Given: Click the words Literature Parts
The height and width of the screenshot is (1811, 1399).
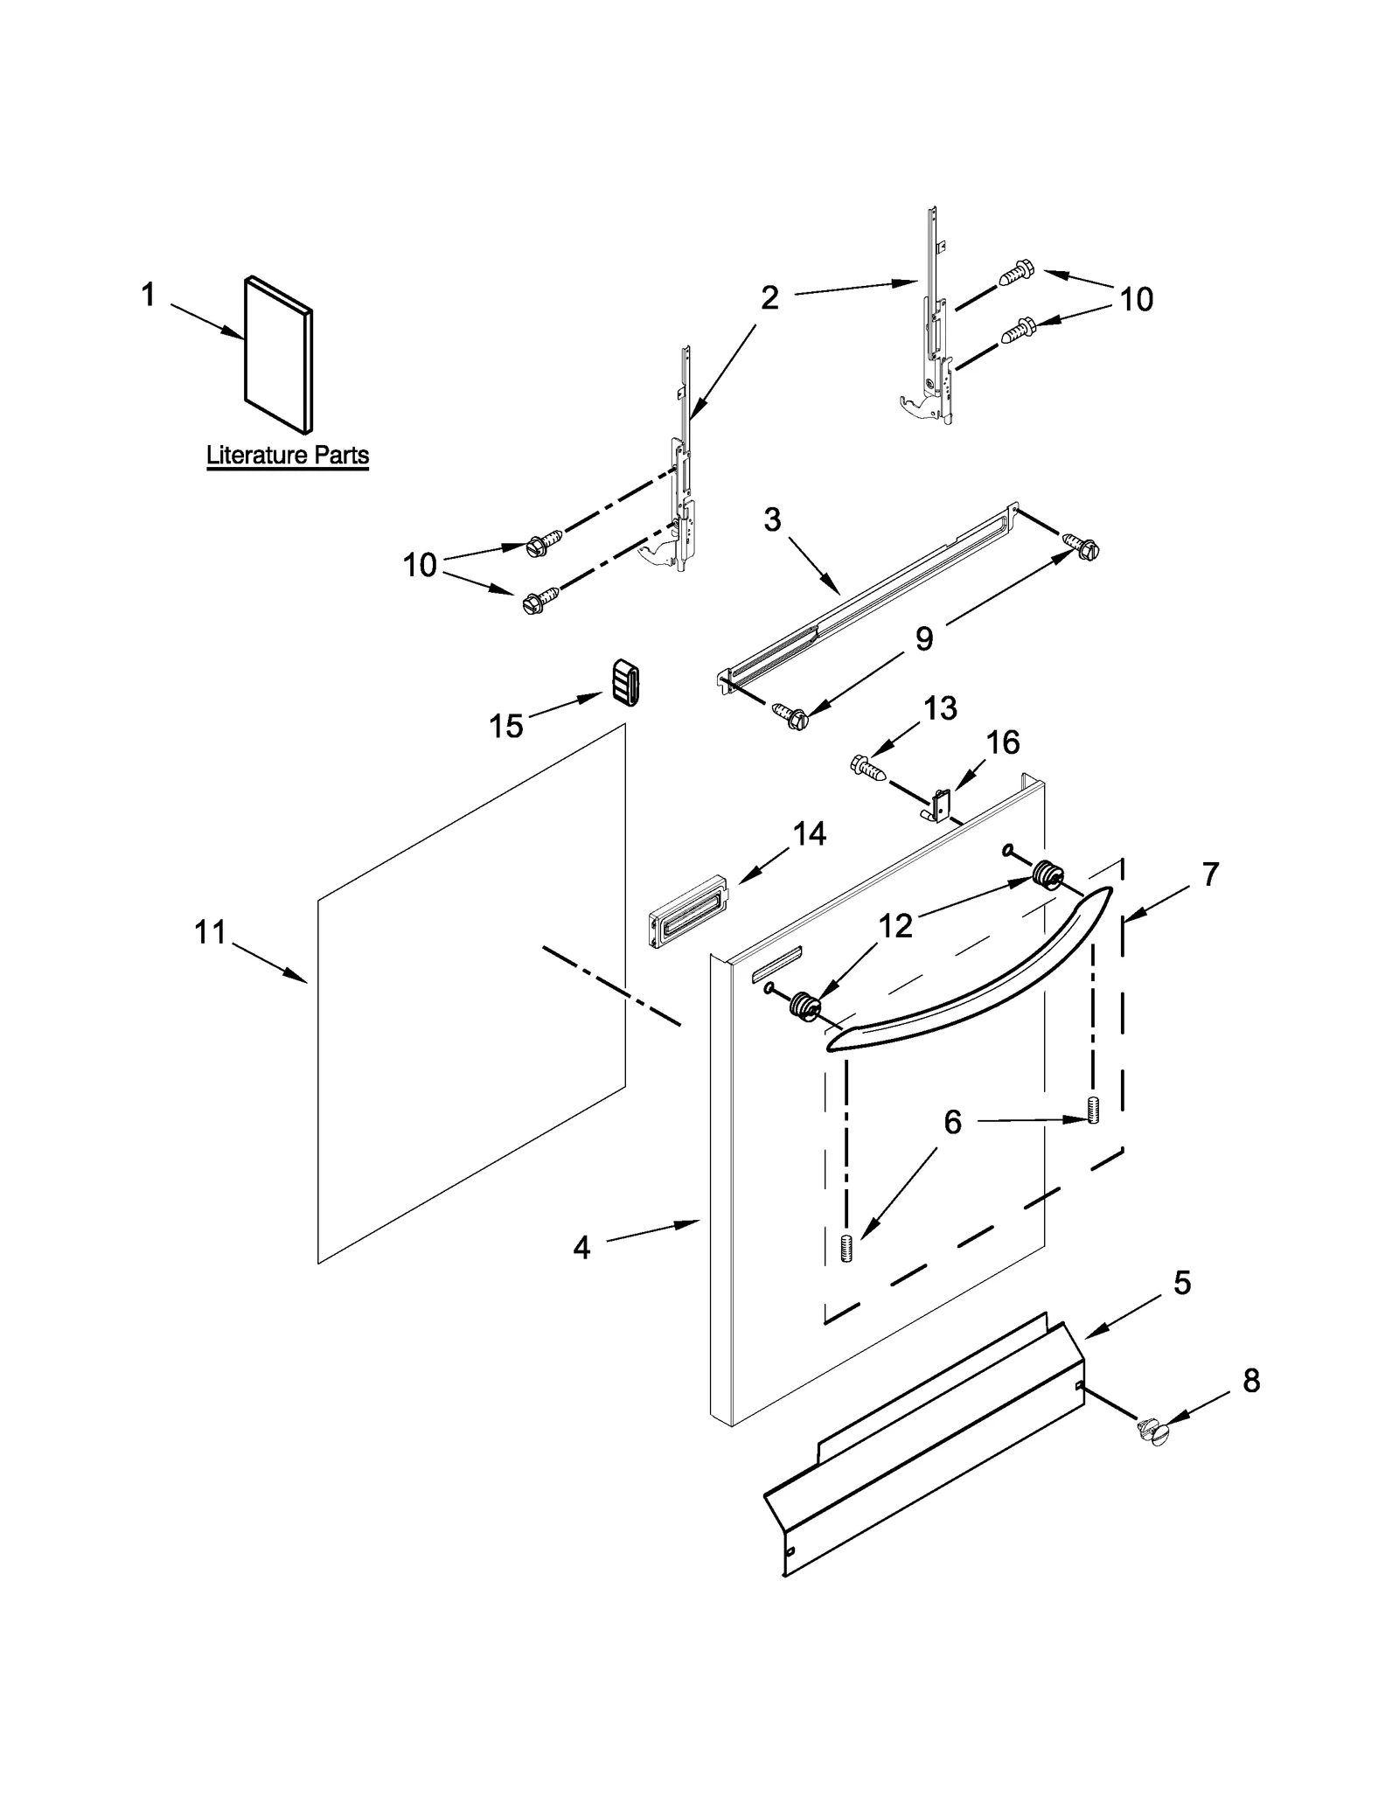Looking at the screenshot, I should click(288, 456).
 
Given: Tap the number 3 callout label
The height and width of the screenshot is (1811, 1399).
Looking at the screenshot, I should click(772, 520).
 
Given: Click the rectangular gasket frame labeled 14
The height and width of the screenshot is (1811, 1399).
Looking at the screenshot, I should click(688, 910).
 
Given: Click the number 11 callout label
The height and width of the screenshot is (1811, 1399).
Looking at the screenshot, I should click(210, 933).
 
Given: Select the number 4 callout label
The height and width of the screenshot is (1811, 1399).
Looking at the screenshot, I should click(581, 1248).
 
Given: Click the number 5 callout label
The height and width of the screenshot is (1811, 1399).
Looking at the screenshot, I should click(1181, 1284).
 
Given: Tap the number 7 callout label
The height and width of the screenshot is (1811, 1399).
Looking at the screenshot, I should click(1210, 874).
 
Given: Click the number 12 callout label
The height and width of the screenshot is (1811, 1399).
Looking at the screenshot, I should click(894, 926).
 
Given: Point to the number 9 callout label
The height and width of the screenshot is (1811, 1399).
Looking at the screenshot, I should click(924, 639).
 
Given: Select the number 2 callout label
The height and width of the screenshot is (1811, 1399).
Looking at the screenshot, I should click(769, 298).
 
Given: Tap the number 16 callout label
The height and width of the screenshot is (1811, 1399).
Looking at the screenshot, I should click(1003, 742).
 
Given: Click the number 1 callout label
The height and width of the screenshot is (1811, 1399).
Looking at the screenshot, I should click(148, 295).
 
